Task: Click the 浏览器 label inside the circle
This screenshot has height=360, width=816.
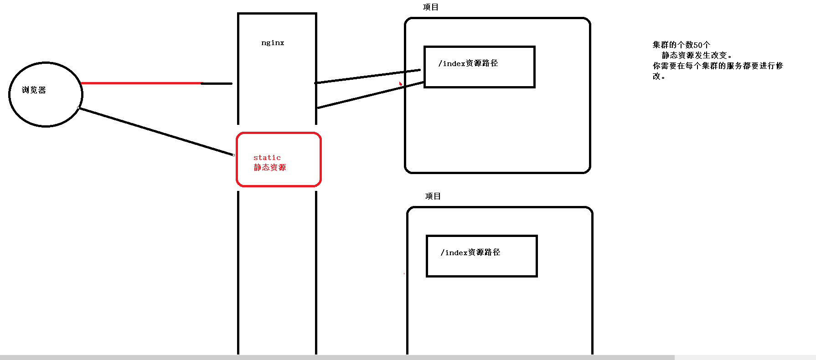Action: (x=34, y=90)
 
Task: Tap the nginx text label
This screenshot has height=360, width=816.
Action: (x=273, y=43)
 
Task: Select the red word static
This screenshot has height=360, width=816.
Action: (x=267, y=158)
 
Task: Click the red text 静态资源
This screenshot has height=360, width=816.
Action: (x=270, y=167)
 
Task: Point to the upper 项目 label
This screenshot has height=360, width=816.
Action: (x=430, y=7)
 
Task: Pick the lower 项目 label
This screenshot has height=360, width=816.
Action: (x=433, y=196)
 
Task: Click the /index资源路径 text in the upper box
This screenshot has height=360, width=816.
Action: (x=468, y=63)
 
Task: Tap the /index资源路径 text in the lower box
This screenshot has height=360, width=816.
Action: (x=470, y=252)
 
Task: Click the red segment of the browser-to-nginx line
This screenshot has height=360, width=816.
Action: (x=141, y=83)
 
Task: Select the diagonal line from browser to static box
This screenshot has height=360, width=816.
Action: (x=155, y=131)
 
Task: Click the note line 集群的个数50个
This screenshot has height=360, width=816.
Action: (x=681, y=45)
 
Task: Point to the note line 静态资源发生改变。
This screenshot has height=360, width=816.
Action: (x=697, y=55)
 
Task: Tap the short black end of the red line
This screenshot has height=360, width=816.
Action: (x=217, y=83)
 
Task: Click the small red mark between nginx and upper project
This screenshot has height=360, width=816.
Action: (x=400, y=83)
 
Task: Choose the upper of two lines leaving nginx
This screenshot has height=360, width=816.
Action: (x=365, y=77)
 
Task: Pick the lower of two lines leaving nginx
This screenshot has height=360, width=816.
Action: (x=369, y=95)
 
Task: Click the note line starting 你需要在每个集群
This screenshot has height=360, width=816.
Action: (x=718, y=66)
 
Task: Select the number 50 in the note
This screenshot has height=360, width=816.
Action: (x=697, y=45)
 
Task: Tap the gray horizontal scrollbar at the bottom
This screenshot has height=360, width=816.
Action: (x=337, y=357)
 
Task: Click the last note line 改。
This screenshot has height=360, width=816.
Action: (x=658, y=76)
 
